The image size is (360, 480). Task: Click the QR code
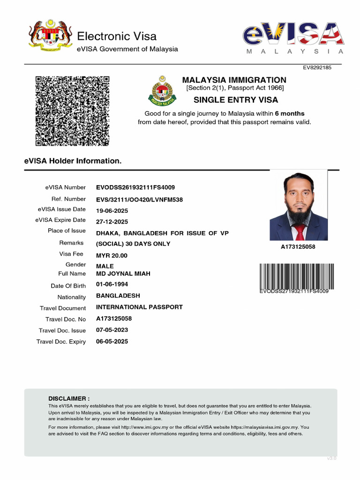tap(72, 111)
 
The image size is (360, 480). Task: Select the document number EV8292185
tap(317, 67)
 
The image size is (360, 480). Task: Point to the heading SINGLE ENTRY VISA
tap(236, 100)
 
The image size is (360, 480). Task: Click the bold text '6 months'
tap(289, 113)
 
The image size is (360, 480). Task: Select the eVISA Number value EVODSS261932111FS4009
tap(135, 187)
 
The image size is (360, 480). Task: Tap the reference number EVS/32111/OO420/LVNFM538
tap(139, 200)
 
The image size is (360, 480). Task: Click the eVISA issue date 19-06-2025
tap(112, 211)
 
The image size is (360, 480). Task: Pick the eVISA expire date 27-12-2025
tap(112, 222)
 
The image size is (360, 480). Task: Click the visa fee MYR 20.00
tap(112, 255)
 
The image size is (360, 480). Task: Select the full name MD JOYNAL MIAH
tap(123, 274)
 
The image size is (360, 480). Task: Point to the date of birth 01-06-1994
tap(112, 285)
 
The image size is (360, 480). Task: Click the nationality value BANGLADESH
tap(118, 296)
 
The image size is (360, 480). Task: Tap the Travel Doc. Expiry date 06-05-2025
tap(112, 342)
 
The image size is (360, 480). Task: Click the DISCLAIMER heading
tap(69, 398)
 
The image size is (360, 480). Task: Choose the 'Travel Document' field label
tap(63, 308)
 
